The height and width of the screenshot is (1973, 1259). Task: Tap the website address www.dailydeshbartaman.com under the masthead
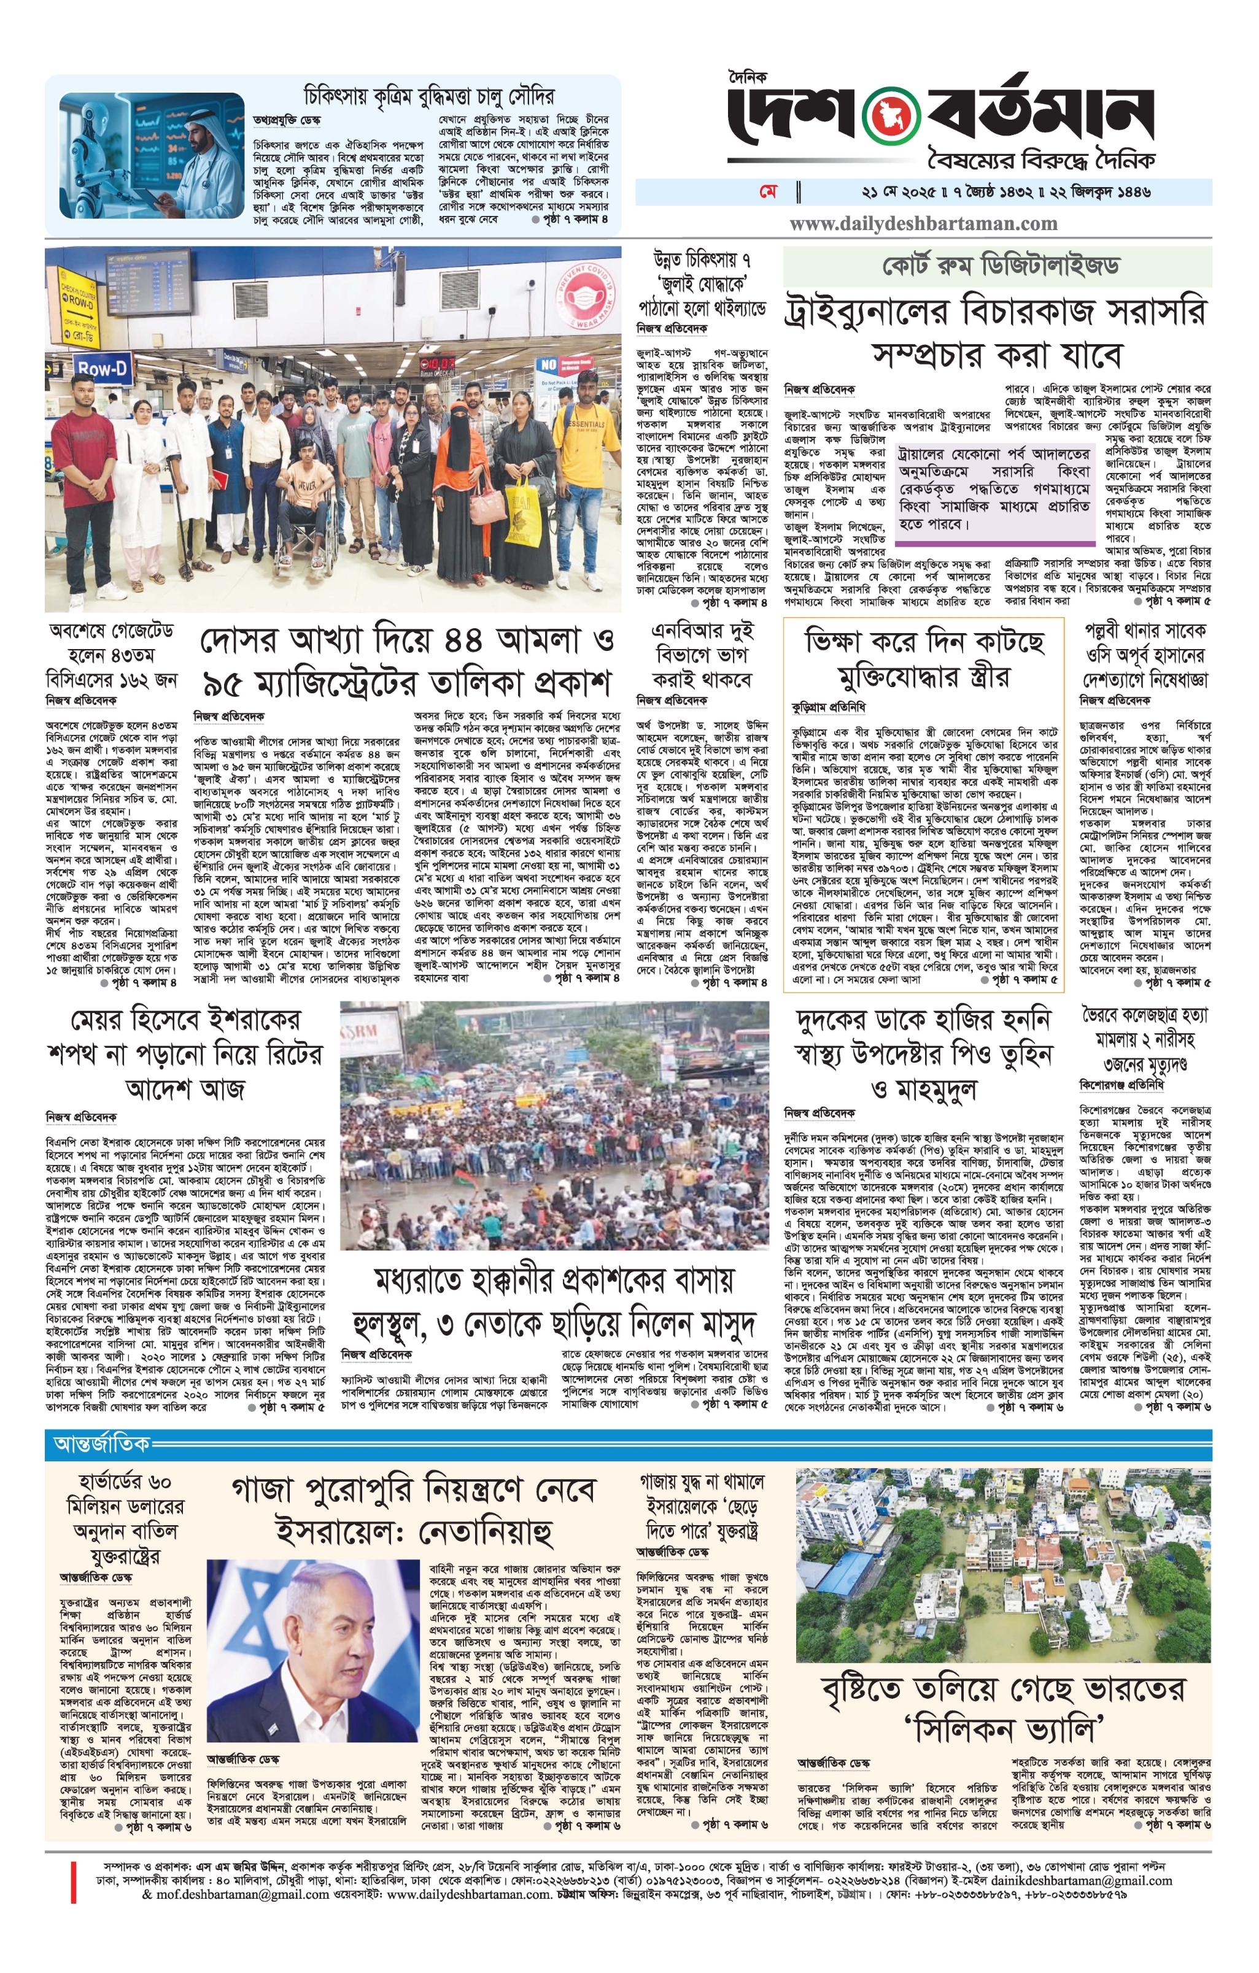(x=924, y=224)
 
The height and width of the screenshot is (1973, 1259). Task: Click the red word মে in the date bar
(x=768, y=192)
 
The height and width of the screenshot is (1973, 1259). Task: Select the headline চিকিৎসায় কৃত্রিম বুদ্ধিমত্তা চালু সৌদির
(x=428, y=95)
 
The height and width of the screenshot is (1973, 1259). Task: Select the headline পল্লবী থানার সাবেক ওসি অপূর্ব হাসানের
(x=1145, y=655)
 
